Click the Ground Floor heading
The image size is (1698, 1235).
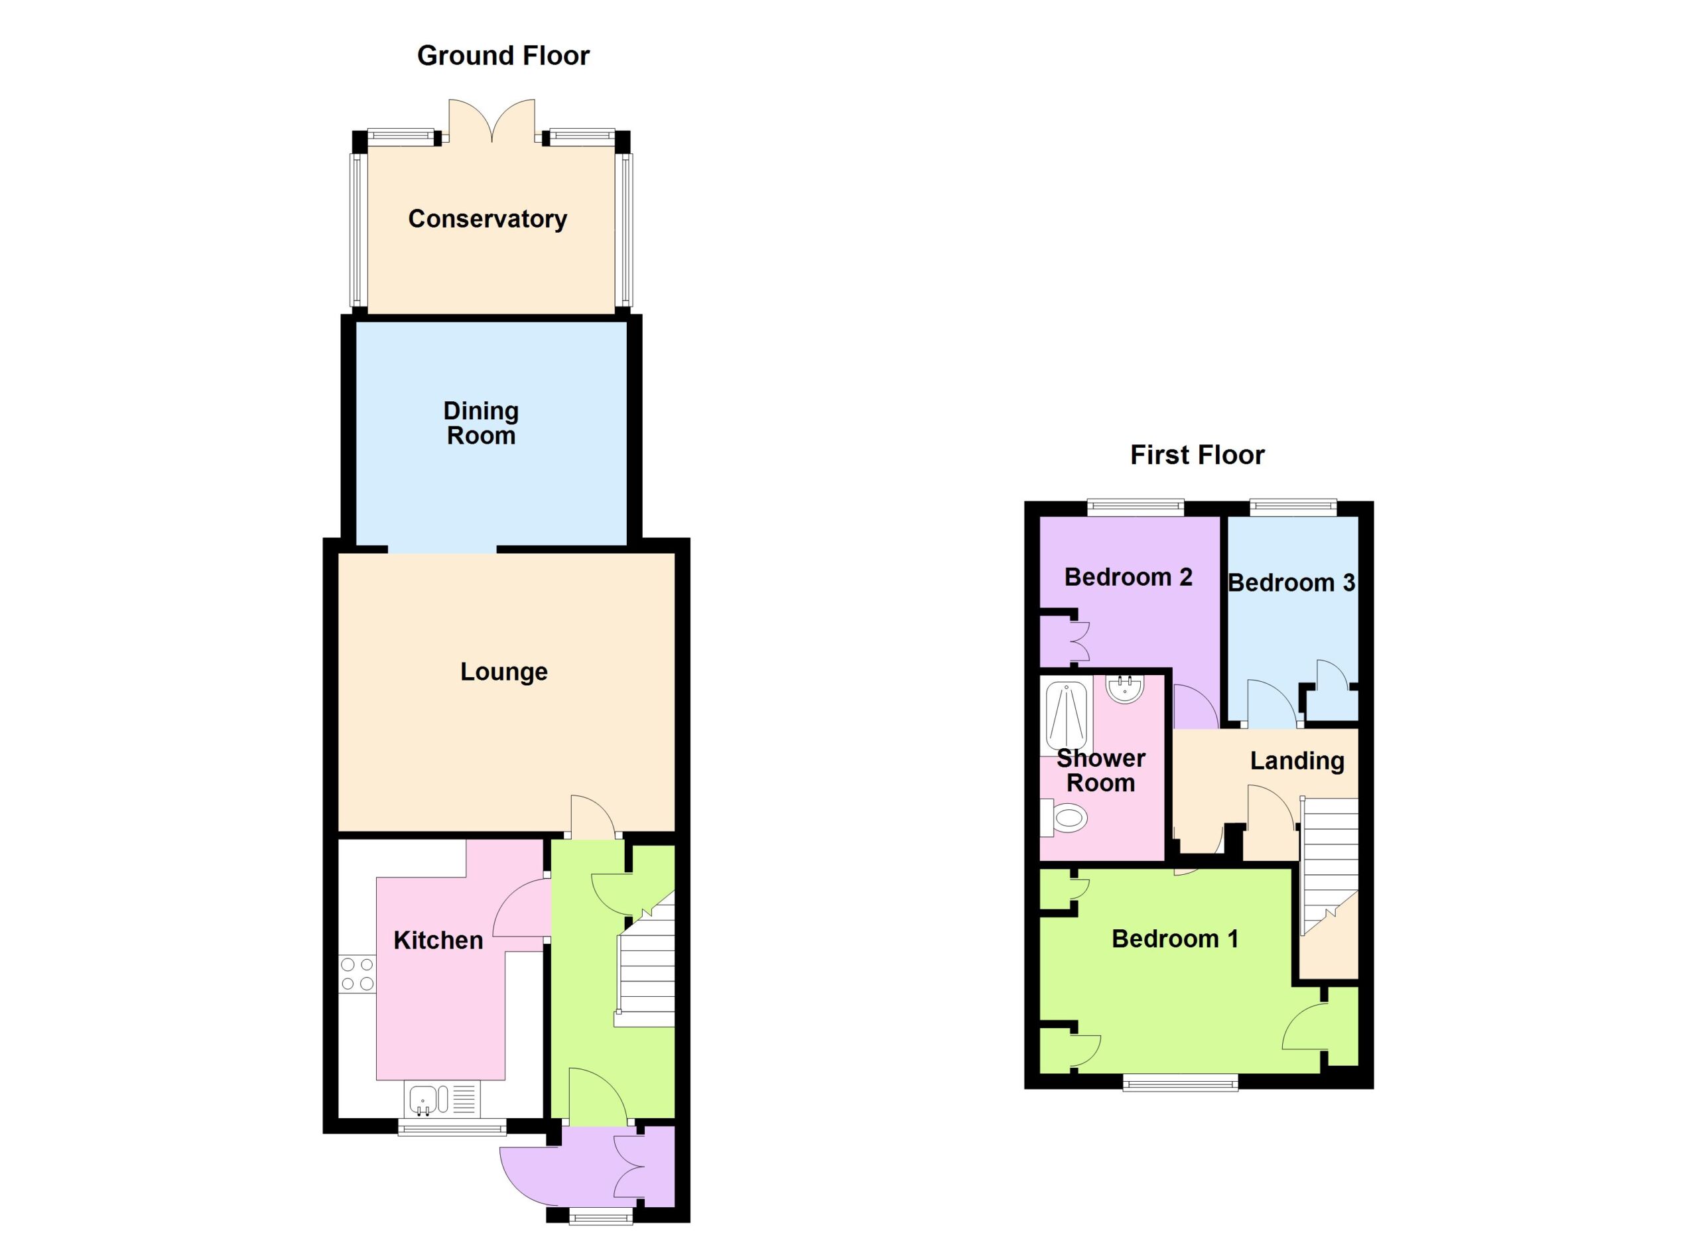[503, 56]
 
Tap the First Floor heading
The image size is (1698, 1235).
[1197, 455]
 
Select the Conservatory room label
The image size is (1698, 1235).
[488, 220]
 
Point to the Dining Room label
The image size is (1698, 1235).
[481, 423]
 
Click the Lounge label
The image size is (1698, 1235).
[504, 672]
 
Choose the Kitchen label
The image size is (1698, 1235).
[438, 940]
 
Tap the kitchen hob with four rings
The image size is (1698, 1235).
[357, 974]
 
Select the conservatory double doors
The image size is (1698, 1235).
[492, 121]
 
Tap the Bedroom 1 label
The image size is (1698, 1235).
[1175, 939]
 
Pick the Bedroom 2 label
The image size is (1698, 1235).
[1128, 577]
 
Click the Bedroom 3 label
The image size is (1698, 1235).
[1291, 583]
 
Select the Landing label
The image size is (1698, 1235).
[1297, 761]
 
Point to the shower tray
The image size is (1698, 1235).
[1066, 718]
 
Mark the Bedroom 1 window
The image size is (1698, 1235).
[1181, 1082]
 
